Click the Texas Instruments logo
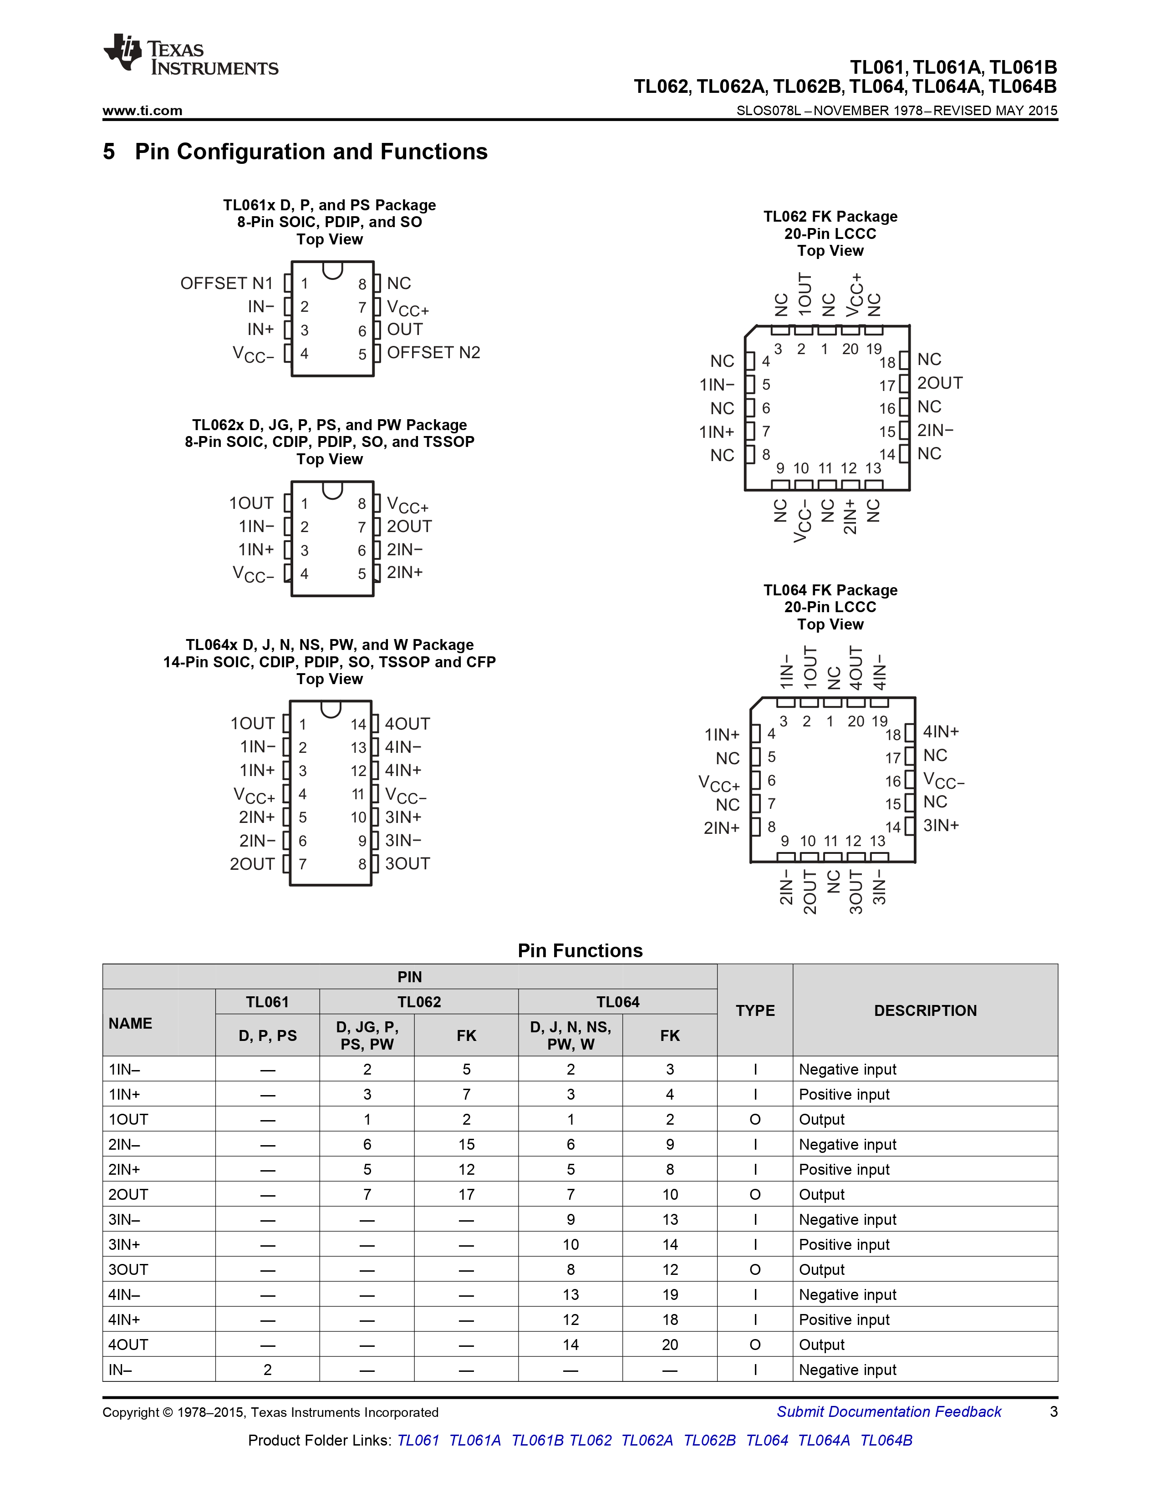point(190,54)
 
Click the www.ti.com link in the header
point(143,111)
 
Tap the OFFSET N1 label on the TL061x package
point(226,284)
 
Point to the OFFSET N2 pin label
point(433,353)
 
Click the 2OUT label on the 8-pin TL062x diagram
point(409,527)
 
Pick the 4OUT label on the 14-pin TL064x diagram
point(407,724)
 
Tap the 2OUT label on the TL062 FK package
point(940,383)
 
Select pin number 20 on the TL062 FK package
point(850,350)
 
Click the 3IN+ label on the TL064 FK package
point(941,825)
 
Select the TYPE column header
point(754,1010)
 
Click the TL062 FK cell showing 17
point(466,1195)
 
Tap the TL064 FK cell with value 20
point(670,1345)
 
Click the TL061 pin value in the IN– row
point(268,1370)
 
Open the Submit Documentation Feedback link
point(889,1412)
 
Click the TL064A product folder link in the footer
point(823,1440)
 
